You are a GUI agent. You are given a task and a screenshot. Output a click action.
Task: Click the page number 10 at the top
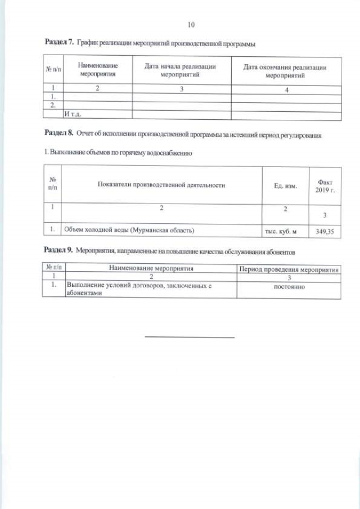191,25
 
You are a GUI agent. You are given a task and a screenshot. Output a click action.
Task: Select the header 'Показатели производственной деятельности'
161,185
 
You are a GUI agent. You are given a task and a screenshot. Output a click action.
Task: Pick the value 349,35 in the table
326,230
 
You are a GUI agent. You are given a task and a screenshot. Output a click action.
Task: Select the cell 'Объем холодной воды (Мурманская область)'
129,229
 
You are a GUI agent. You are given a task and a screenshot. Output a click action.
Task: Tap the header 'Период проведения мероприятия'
289,269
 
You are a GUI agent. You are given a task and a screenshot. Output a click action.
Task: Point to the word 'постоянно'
289,286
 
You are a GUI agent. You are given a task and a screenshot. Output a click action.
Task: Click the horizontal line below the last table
190,337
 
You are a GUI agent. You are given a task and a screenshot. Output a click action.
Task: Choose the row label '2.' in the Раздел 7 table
52,105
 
